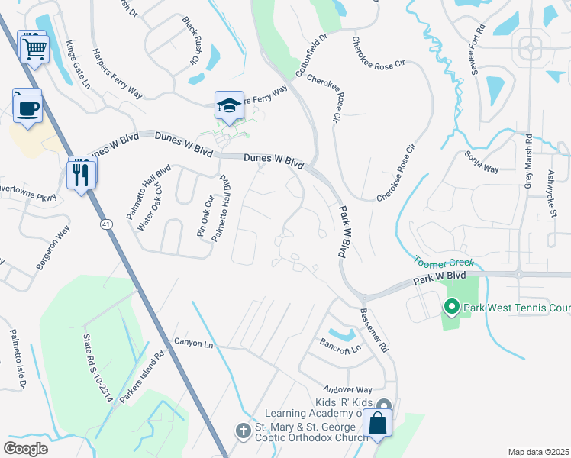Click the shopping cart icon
33,48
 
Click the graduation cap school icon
229,106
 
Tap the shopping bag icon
378,423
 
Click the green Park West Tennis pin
451,308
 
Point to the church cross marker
243,431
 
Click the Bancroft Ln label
340,345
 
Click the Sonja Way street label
481,162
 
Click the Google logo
26,449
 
